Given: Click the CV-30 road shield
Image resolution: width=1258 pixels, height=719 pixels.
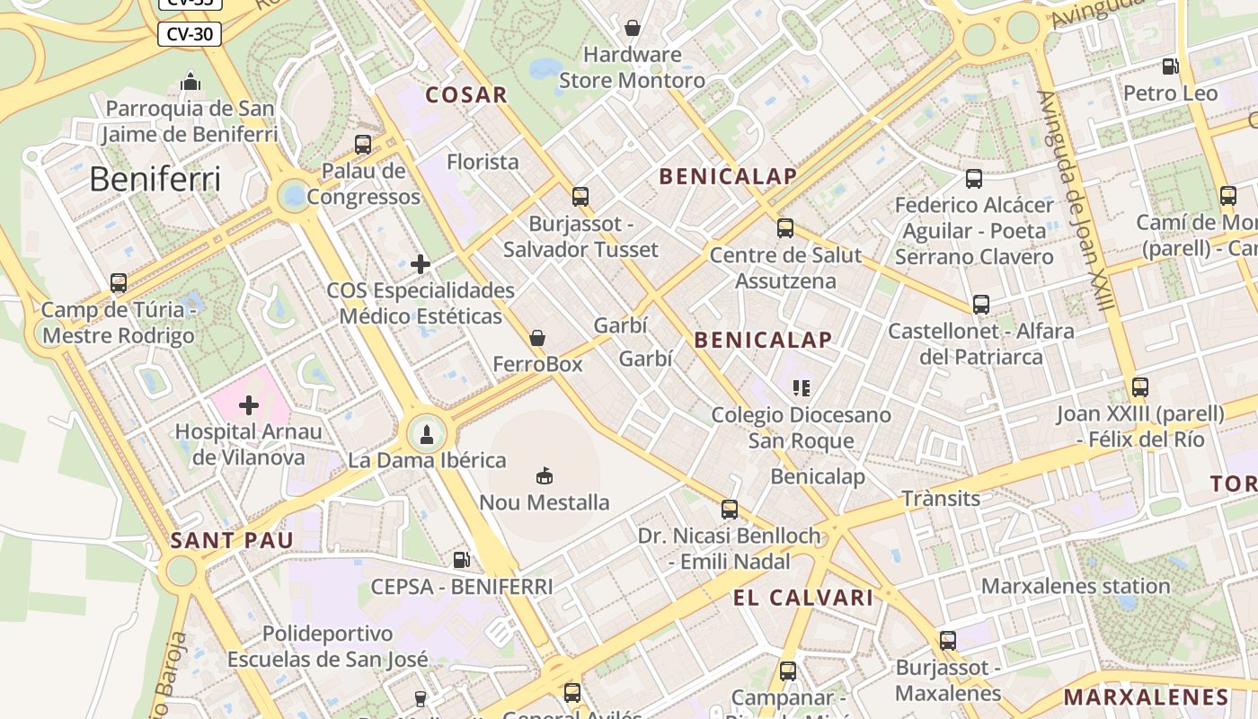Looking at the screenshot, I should [190, 34].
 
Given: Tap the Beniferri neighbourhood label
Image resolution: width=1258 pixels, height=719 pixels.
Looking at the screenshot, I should [155, 180].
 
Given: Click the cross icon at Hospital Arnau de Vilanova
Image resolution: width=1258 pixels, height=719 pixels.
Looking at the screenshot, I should [249, 405].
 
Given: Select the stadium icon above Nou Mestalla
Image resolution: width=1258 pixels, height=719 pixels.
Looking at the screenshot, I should [544, 475].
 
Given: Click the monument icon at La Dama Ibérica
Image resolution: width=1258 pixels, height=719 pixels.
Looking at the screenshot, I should [427, 435].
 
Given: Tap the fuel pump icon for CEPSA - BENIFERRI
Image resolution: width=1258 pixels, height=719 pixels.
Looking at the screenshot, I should [461, 560].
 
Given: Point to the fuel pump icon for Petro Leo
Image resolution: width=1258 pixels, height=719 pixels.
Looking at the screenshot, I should [1170, 67].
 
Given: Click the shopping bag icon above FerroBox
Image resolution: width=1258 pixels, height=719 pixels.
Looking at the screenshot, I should [537, 338].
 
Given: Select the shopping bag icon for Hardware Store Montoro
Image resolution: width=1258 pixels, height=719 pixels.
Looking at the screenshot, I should [633, 28].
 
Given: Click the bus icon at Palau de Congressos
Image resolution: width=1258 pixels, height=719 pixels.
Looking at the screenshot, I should [363, 144].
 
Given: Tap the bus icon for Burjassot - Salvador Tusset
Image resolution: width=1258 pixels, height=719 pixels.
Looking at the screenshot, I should [580, 196].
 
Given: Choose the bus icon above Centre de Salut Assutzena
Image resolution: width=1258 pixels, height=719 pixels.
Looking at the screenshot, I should [785, 228].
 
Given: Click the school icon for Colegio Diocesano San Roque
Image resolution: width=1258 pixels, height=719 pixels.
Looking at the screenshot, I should [802, 388].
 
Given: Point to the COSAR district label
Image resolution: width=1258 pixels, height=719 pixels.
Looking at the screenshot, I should [466, 94].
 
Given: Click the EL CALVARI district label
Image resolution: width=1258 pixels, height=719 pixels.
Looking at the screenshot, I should [802, 598].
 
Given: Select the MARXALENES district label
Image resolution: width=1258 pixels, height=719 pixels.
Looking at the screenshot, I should [1146, 697].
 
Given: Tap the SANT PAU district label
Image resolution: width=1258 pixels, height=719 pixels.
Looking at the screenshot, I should [232, 540].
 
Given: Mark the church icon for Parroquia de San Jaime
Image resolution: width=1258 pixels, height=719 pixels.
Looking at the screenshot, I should [190, 82].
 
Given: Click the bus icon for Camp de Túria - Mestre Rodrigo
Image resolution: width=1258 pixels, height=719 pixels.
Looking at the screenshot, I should [119, 283].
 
